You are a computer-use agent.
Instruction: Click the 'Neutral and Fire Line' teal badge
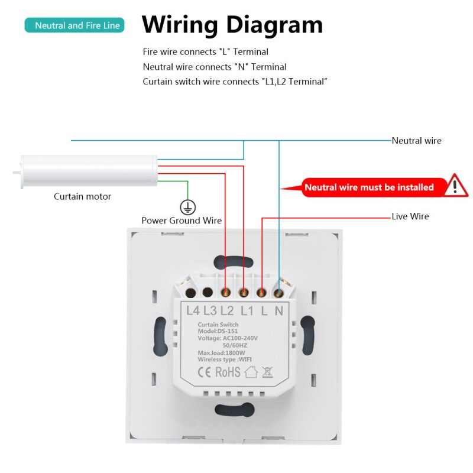pyautogui.click(x=74, y=25)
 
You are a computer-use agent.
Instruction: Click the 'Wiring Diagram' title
pyautogui.click(x=232, y=25)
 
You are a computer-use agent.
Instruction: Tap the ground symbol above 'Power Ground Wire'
pyautogui.click(x=187, y=208)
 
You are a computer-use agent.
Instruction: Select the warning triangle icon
pyautogui.click(x=455, y=186)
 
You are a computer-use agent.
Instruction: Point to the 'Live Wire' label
pyautogui.click(x=410, y=216)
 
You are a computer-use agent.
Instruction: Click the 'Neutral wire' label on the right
pyautogui.click(x=416, y=141)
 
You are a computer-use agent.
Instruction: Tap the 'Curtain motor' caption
pyautogui.click(x=82, y=196)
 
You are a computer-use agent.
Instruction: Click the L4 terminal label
pyautogui.click(x=193, y=310)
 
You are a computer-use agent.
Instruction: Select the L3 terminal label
pyautogui.click(x=210, y=310)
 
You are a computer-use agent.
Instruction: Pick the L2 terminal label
pyautogui.click(x=227, y=310)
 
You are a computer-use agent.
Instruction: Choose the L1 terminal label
pyautogui.click(x=247, y=310)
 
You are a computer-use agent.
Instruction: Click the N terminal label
pyautogui.click(x=279, y=310)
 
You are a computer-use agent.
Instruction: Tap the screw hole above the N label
pyautogui.click(x=278, y=293)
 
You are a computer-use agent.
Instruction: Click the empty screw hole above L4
pyautogui.click(x=190, y=293)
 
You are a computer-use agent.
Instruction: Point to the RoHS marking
pyautogui.click(x=228, y=372)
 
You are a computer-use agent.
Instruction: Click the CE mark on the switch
pyautogui.click(x=204, y=372)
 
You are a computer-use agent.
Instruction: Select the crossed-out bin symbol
pyautogui.click(x=267, y=372)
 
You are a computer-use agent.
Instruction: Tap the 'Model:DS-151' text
pyautogui.click(x=218, y=331)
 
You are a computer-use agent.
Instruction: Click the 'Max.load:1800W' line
pyautogui.click(x=221, y=352)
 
